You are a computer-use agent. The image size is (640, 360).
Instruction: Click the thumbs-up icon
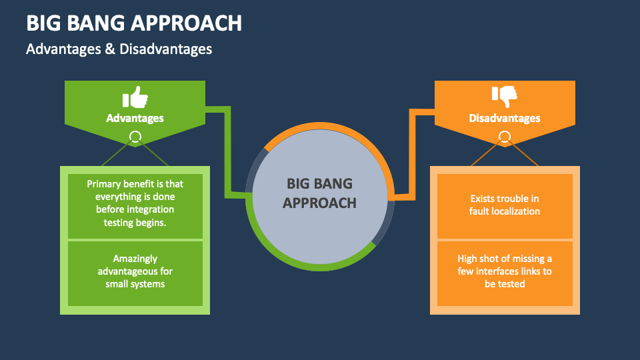(135, 97)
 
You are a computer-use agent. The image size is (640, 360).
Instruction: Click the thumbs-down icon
(505, 97)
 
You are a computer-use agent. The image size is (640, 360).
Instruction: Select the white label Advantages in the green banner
(135, 118)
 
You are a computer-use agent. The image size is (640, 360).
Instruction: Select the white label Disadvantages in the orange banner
(505, 118)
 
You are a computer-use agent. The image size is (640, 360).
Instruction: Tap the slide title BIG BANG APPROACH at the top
(134, 23)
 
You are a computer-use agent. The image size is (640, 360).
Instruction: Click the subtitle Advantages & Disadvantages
(119, 49)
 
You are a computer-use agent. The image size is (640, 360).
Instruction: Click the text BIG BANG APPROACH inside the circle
(319, 193)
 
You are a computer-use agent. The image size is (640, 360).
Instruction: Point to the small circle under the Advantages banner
(135, 137)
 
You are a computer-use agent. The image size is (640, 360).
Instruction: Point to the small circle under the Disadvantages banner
(505, 137)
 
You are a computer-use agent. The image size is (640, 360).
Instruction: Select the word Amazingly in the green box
(135, 259)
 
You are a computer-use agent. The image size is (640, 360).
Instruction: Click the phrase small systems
(135, 284)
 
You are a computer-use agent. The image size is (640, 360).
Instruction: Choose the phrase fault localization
(505, 211)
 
